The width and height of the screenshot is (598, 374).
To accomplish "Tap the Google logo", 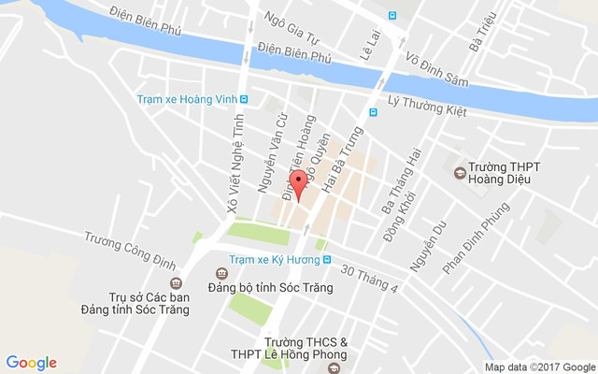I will click(32, 363).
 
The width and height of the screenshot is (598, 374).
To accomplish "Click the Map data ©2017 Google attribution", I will click(539, 367).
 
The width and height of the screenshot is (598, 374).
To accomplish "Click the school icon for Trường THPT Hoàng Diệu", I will click(459, 172).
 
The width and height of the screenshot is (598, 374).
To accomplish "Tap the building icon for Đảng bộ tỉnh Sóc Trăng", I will click(221, 274).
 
